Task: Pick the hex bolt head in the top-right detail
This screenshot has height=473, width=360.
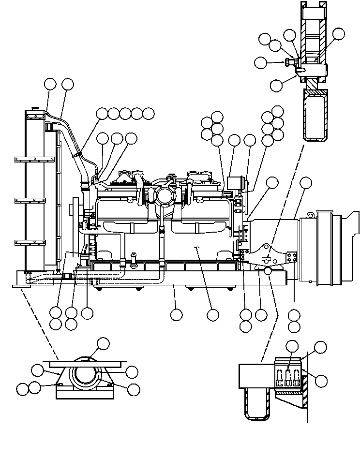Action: coord(289,62)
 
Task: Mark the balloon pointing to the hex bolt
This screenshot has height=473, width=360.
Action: coord(261,62)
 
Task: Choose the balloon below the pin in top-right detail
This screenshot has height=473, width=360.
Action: coord(276,85)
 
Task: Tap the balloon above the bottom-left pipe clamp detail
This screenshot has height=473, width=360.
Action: coord(103,344)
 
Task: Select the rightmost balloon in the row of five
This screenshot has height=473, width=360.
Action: coord(149,113)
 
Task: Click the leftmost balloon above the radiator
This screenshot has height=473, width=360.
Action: coord(50,84)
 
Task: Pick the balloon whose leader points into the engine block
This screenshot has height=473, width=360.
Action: coord(212,315)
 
